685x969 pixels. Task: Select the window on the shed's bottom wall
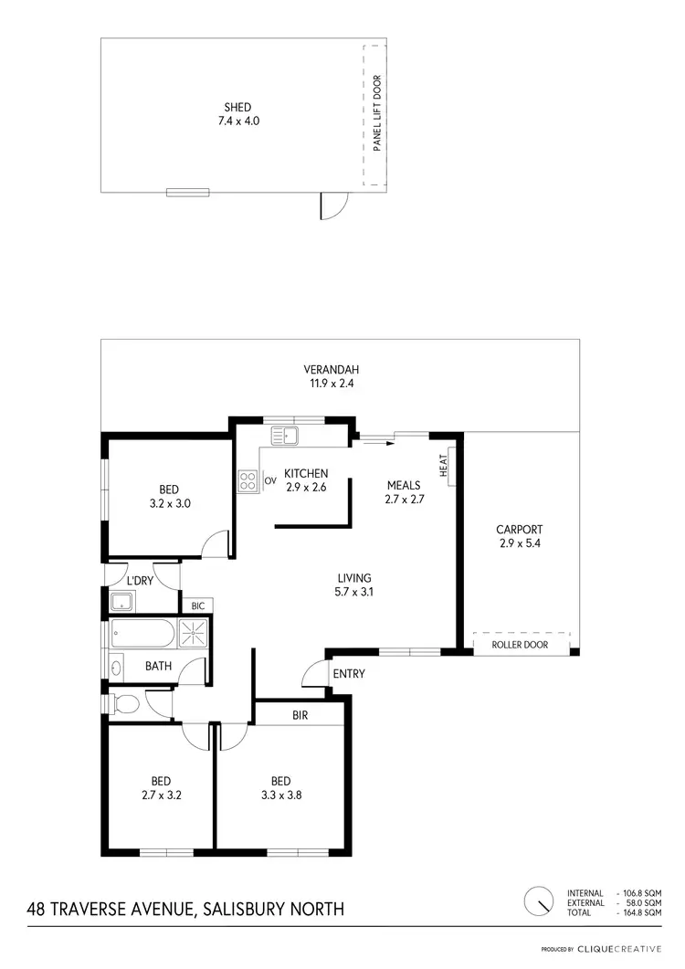point(187,192)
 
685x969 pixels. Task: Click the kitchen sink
point(291,436)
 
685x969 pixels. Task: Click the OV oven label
point(270,480)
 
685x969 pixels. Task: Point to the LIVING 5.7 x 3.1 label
point(353,585)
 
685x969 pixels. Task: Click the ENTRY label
point(349,674)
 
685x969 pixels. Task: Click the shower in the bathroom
point(194,632)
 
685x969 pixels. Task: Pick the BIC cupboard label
point(197,606)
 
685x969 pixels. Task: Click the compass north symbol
point(540,899)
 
